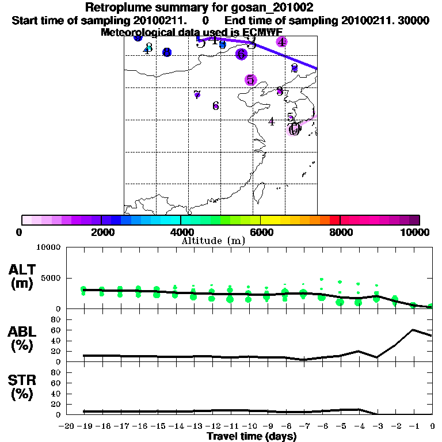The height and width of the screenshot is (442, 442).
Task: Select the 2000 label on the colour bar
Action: point(101,232)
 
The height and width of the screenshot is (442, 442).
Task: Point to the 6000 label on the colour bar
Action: point(260,232)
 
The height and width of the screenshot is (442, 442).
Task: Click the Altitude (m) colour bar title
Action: point(213,241)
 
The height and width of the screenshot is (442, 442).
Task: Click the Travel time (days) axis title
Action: point(252,436)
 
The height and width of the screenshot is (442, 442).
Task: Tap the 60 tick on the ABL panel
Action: point(56,330)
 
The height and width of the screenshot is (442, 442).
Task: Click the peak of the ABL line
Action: point(413,330)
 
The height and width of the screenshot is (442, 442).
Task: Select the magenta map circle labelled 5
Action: point(250,80)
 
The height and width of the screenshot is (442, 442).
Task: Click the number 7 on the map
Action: point(197,94)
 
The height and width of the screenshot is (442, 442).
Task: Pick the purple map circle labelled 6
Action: point(241,54)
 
